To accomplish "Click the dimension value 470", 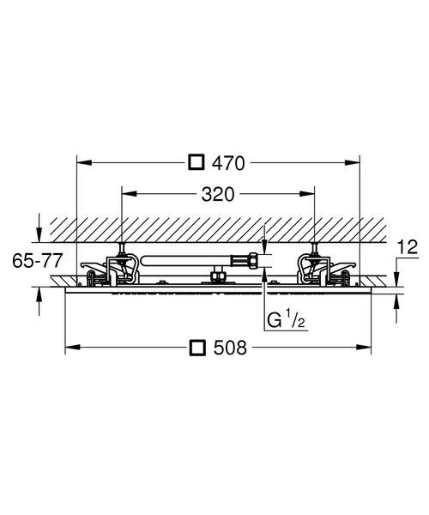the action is pyautogui.click(x=228, y=163).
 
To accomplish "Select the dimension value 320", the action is pyautogui.click(x=218, y=194).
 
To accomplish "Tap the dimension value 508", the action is pyautogui.click(x=230, y=348).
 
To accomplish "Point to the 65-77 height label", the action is pyautogui.click(x=37, y=261).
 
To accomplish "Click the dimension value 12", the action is pyautogui.click(x=408, y=247).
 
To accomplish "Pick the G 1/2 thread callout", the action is pyautogui.click(x=286, y=320).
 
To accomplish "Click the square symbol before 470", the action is pyautogui.click(x=196, y=162).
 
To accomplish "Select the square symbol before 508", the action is pyautogui.click(x=197, y=348).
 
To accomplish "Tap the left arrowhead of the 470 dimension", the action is pyautogui.click(x=84, y=162).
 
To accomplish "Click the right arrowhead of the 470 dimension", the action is pyautogui.click(x=353, y=162).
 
